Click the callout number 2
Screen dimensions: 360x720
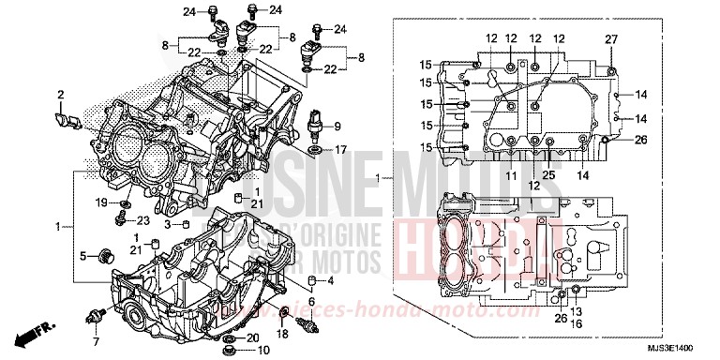[x=60, y=95]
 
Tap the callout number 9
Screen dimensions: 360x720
[x=337, y=127]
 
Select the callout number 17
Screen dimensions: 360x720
[x=341, y=149]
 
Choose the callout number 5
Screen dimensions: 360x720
[x=82, y=256]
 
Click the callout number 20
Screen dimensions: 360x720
[x=252, y=337]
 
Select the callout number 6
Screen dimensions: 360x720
[x=312, y=301]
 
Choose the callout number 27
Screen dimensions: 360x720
[x=610, y=38]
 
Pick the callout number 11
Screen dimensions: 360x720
[x=512, y=175]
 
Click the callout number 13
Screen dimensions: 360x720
[x=576, y=312]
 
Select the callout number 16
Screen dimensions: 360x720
[x=576, y=323]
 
